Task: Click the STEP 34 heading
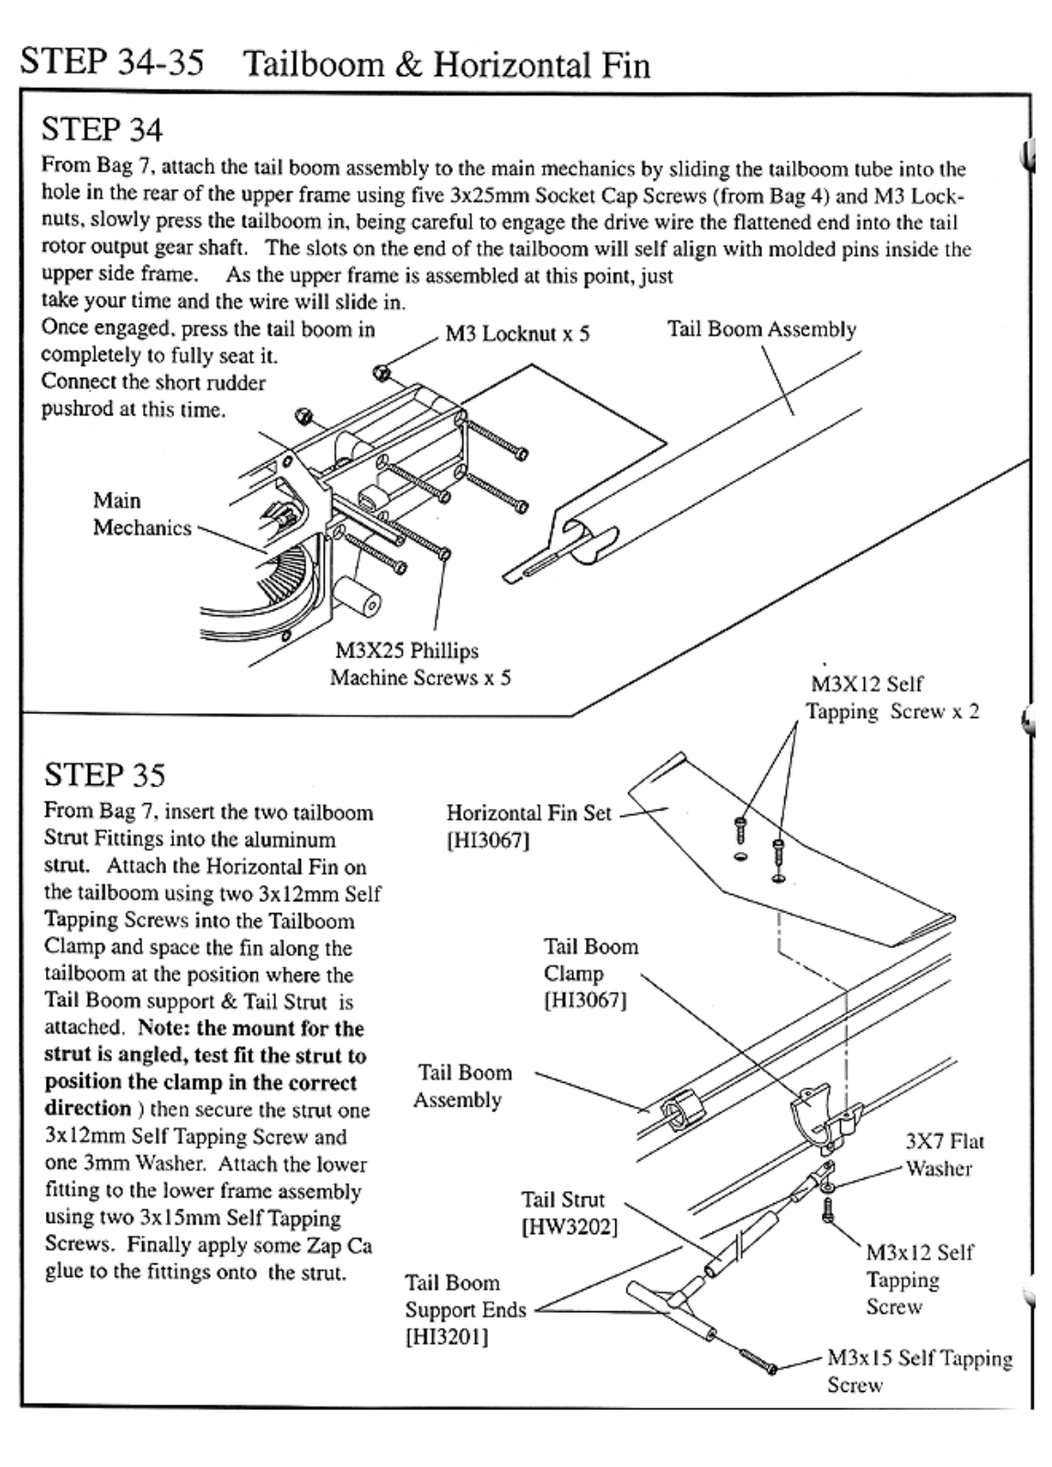(102, 129)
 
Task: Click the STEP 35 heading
(105, 775)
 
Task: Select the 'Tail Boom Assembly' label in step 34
(761, 329)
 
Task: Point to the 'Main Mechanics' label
(141, 514)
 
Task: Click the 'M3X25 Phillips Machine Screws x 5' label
(419, 665)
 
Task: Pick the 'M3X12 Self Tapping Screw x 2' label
(891, 698)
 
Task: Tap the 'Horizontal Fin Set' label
(528, 813)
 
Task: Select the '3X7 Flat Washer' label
(944, 1154)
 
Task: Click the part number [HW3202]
(569, 1227)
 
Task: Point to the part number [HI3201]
(447, 1337)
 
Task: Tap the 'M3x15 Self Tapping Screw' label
(919, 1371)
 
